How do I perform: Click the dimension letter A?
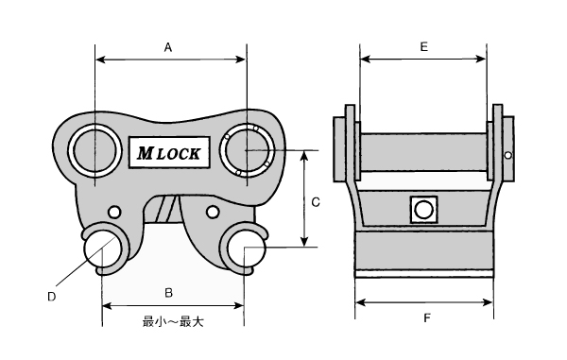point(168,47)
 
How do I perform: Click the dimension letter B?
point(168,293)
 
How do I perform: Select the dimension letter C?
point(316,202)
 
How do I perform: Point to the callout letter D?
point(52,297)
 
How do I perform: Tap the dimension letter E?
point(423,46)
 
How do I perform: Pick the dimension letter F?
point(427,318)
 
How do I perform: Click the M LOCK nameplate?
point(169,152)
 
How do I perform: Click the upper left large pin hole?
point(94,151)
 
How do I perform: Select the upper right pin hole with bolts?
point(247,150)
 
